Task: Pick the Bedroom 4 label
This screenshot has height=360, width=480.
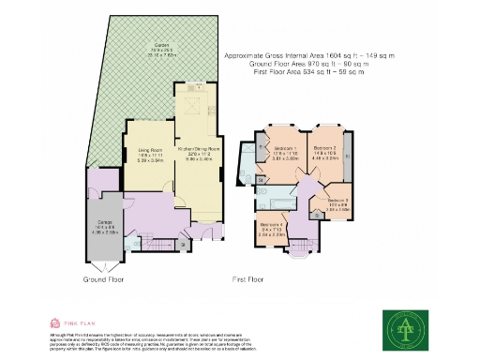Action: click(x=273, y=227)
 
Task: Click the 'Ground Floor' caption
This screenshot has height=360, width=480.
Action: click(x=104, y=279)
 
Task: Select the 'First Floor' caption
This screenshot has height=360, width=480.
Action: click(x=248, y=279)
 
